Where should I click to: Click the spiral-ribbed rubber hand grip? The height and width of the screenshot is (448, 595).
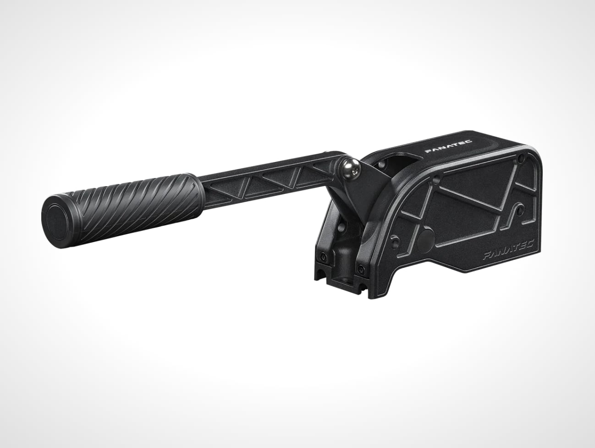[122, 210]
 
